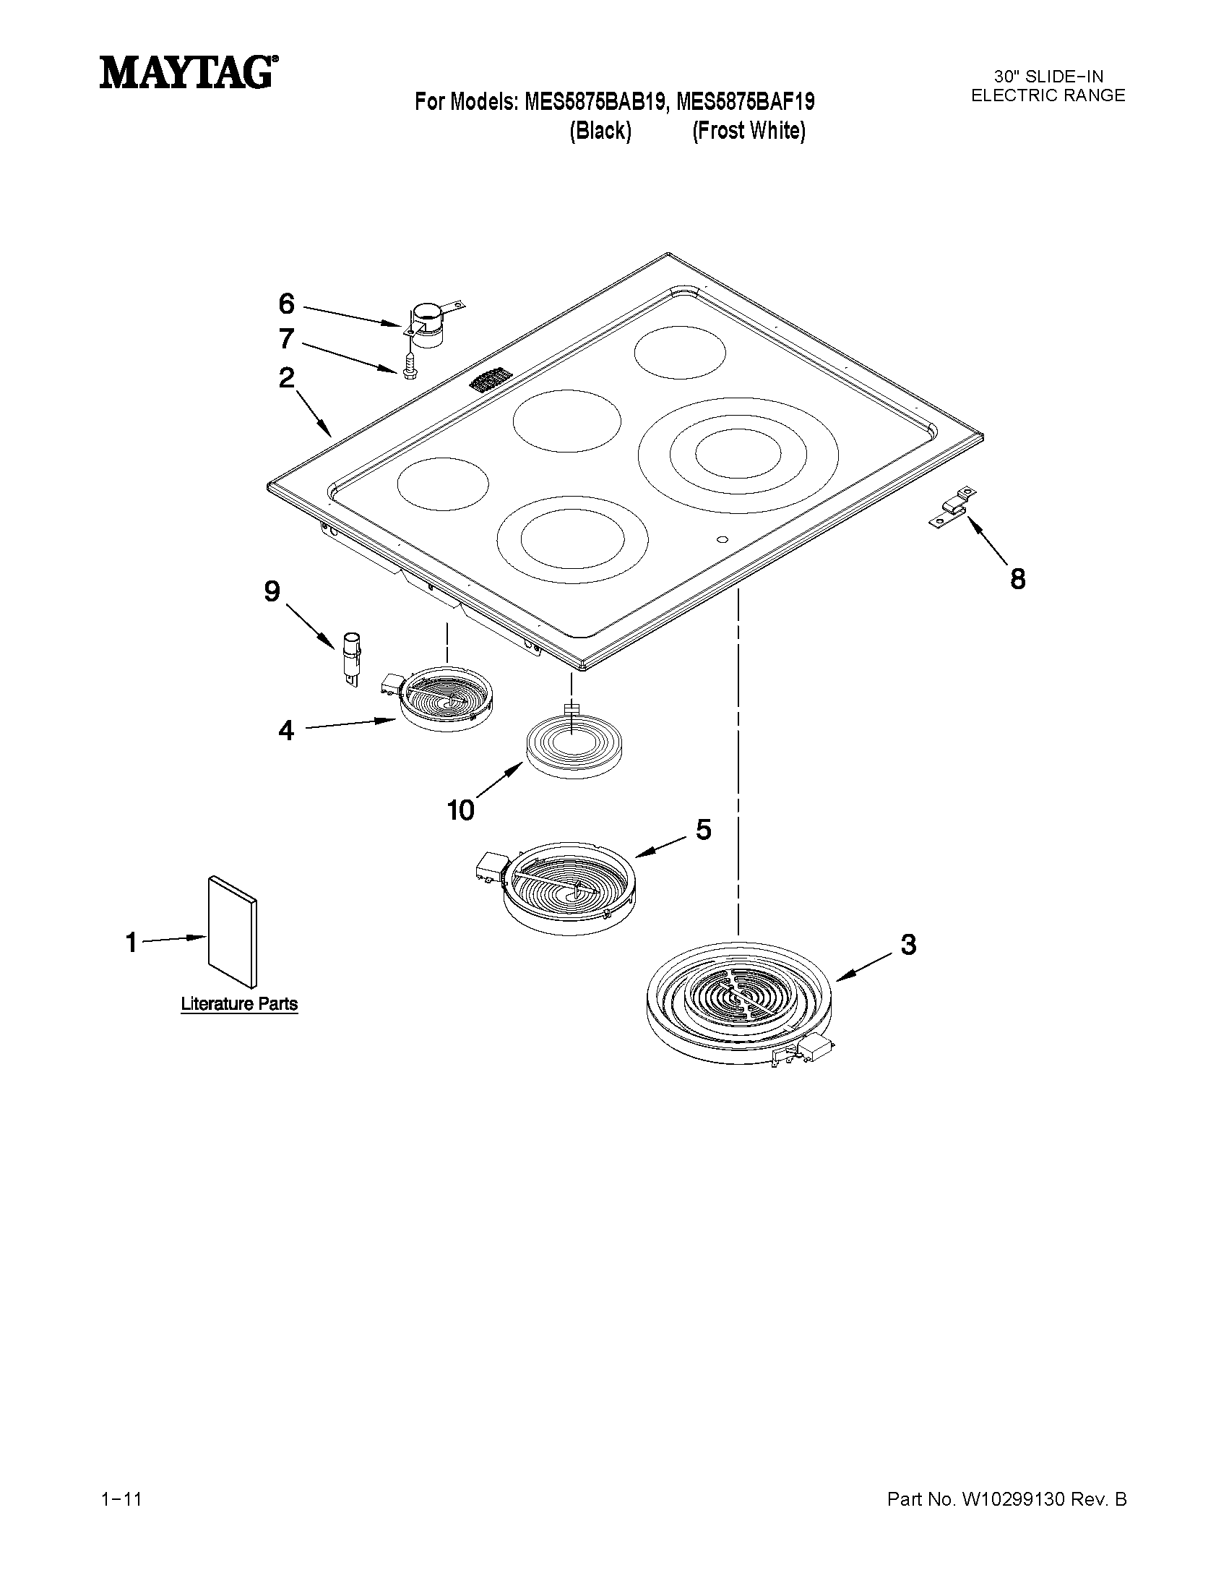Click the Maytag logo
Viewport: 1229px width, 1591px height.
tap(188, 73)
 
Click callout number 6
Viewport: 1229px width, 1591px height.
tap(287, 304)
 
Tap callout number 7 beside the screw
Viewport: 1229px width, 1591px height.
tap(286, 339)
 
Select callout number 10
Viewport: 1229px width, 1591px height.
tap(461, 810)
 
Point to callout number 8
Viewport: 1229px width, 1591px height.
tap(1017, 579)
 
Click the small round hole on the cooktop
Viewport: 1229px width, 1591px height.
tap(721, 539)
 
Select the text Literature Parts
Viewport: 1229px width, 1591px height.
tap(239, 1004)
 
